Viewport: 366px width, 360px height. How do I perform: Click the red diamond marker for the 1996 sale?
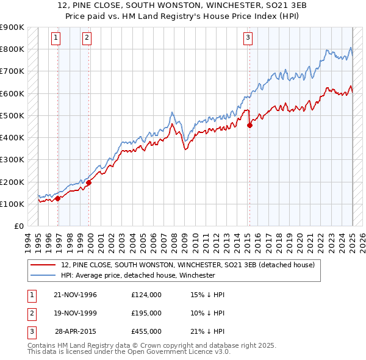pos(58,198)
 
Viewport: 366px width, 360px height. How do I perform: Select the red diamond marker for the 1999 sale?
pos(89,182)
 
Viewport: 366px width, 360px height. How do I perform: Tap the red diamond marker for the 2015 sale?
pos(249,126)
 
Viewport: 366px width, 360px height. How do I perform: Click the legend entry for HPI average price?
pos(138,275)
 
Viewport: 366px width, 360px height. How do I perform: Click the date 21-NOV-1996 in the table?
pos(76,295)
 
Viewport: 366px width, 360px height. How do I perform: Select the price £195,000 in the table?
pos(146,312)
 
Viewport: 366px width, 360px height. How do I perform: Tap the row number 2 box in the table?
pos(30,312)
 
